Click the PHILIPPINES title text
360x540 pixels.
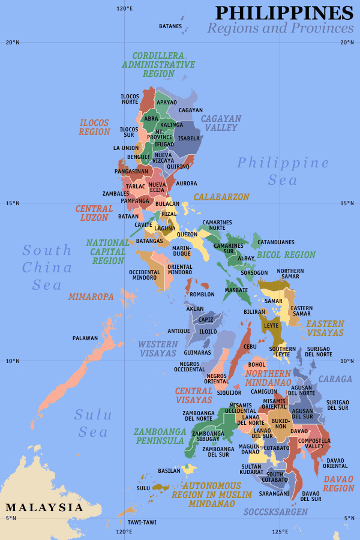(x=284, y=13)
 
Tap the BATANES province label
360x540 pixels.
(x=170, y=26)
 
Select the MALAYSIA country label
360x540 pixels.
(x=44, y=508)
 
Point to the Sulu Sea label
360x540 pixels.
(x=92, y=423)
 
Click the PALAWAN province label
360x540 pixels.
(x=85, y=338)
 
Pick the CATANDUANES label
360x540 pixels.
(x=276, y=242)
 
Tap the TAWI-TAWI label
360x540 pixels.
(x=142, y=522)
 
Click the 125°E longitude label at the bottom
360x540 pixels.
(x=280, y=531)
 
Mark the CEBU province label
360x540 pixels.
(x=250, y=346)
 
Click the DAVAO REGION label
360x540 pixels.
(x=338, y=484)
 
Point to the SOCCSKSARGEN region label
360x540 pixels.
(x=275, y=512)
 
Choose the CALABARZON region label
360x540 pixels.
(x=221, y=197)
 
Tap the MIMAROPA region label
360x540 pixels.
(x=91, y=296)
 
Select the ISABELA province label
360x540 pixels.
(x=189, y=138)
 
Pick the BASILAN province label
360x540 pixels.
(x=169, y=470)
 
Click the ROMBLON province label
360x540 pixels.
(x=202, y=295)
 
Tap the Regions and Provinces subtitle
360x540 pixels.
(x=280, y=28)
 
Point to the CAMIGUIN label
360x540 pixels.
(x=264, y=391)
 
